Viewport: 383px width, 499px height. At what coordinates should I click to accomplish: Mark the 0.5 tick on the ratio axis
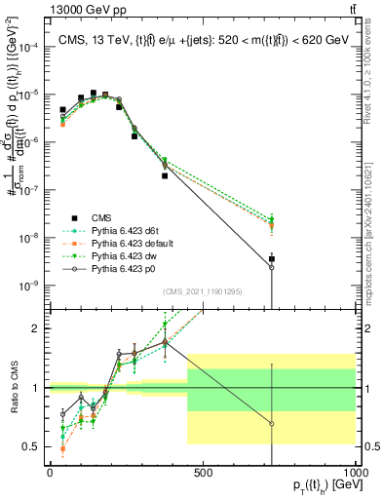(35, 447)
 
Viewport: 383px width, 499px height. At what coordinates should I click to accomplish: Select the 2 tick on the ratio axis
(39, 328)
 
